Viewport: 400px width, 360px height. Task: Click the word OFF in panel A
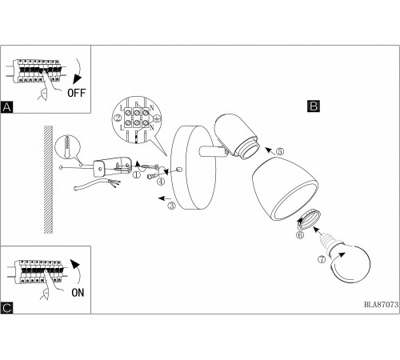pyautogui.click(x=77, y=93)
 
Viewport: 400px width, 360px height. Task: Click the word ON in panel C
pyautogui.click(x=78, y=293)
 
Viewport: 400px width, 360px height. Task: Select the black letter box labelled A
pyautogui.click(x=6, y=107)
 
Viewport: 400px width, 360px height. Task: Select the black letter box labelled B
pyautogui.click(x=314, y=106)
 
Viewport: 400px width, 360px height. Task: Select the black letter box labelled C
pyautogui.click(x=6, y=308)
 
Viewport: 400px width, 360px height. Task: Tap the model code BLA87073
pyautogui.click(x=382, y=304)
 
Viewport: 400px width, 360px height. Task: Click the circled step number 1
pyautogui.click(x=136, y=174)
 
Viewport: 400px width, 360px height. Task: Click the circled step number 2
pyautogui.click(x=118, y=118)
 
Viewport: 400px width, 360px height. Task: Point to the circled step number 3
pyautogui.click(x=172, y=206)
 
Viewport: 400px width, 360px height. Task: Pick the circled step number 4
pyautogui.click(x=161, y=182)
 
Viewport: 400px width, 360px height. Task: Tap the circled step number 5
pyautogui.click(x=280, y=151)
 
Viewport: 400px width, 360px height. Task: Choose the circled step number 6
pyautogui.click(x=300, y=235)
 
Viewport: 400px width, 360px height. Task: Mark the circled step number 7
pyautogui.click(x=322, y=259)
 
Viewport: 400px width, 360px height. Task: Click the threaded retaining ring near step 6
pyautogui.click(x=310, y=219)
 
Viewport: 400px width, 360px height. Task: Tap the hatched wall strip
pyautogui.click(x=48, y=179)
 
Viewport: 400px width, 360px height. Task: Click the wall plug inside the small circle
pyautogui.click(x=68, y=146)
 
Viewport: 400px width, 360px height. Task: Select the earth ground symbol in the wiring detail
pyautogui.click(x=158, y=118)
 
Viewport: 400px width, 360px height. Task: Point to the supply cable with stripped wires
pyautogui.click(x=97, y=185)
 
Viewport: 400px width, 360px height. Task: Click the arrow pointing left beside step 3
pyautogui.click(x=164, y=198)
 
